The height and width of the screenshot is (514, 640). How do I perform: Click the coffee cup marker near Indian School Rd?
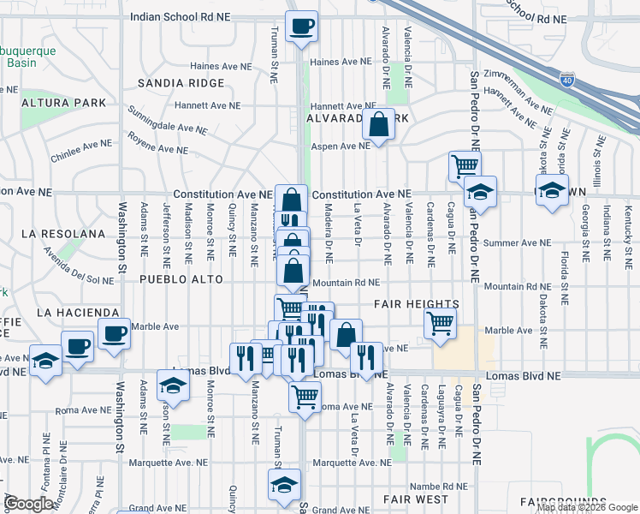[x=301, y=27]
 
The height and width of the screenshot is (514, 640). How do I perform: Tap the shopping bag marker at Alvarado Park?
[x=377, y=125]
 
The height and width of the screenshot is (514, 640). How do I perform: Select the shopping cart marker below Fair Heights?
[x=440, y=325]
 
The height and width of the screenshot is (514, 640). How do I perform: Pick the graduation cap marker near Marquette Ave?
[x=285, y=485]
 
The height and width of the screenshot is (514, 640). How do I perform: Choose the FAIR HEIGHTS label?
[x=417, y=304]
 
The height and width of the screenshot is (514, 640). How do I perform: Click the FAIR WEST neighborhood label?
[x=415, y=499]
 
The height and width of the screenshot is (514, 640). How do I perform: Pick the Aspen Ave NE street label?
[x=340, y=146]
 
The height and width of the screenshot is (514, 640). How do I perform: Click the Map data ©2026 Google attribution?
[x=587, y=507]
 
